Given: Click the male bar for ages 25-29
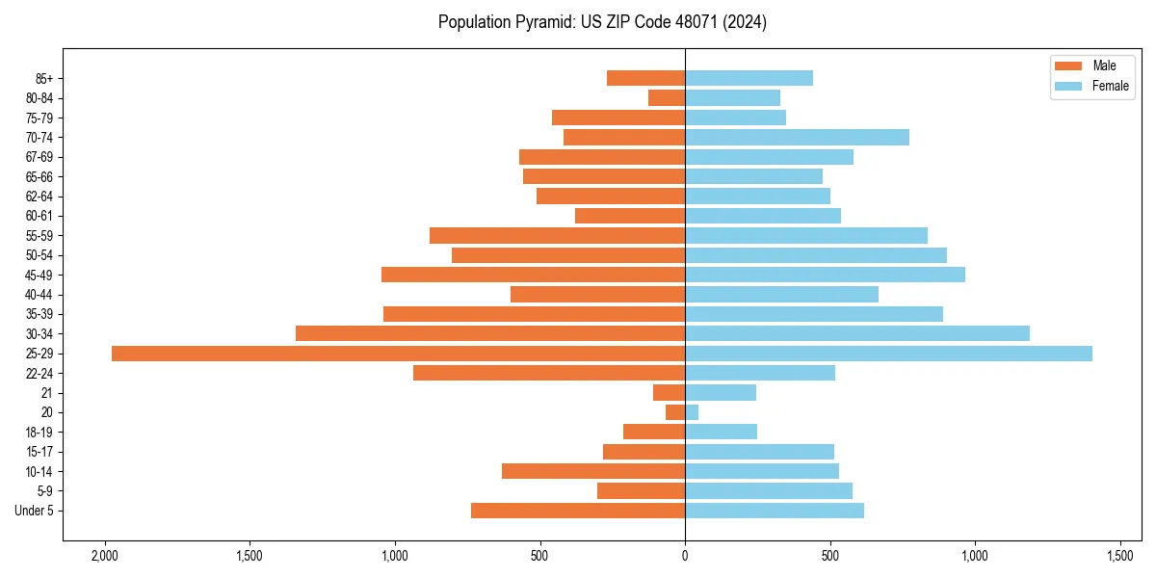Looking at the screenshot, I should [398, 354].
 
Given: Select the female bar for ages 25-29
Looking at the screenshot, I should [888, 354].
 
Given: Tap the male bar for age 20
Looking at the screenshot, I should [675, 412].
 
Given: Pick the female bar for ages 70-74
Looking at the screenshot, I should [797, 138].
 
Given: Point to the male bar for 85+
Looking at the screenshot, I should [645, 78].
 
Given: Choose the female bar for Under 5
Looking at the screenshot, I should [775, 511].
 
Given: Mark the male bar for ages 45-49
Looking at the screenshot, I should [533, 275].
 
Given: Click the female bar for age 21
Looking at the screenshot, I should [721, 393].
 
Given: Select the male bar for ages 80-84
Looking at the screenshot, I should [667, 98].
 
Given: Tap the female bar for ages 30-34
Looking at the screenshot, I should [857, 333].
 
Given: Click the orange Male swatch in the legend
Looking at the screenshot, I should [1068, 66].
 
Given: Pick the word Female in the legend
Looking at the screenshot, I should [1111, 86].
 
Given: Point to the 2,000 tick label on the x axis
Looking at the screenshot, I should [104, 556].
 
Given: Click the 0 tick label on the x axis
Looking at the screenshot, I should [685, 556].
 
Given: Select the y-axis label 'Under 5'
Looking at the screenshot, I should [34, 511].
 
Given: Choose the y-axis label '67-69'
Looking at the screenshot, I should [39, 157].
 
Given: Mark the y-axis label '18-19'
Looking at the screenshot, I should [39, 433].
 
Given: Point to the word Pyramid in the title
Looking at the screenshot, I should [539, 22].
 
